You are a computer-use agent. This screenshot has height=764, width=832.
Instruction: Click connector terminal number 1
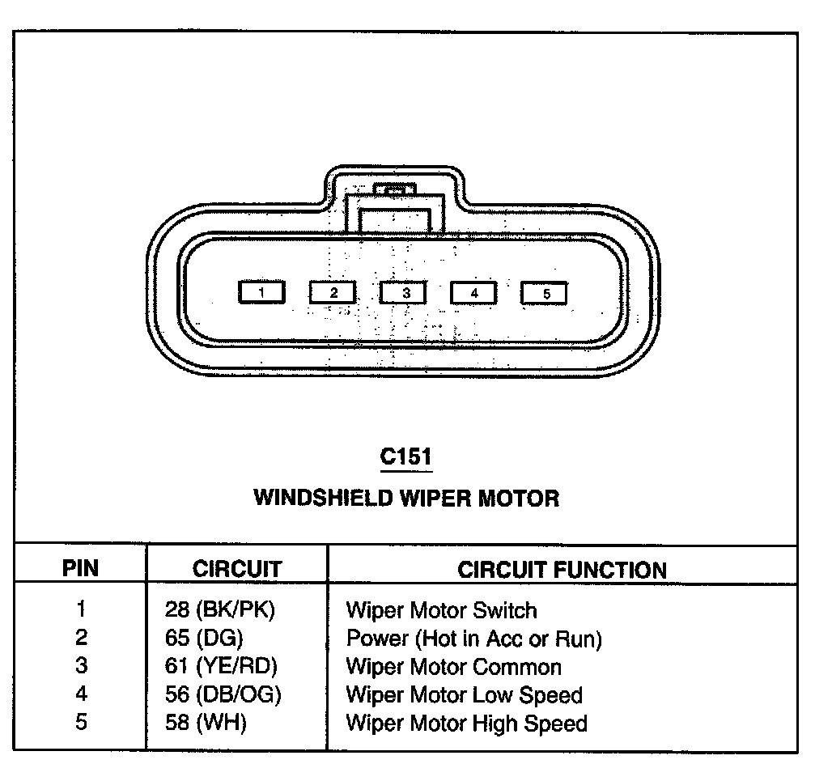click(x=261, y=293)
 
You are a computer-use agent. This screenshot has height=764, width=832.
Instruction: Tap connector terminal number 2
click(x=333, y=293)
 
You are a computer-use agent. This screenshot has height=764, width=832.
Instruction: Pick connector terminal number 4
click(x=474, y=293)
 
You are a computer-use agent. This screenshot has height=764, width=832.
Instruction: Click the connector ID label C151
click(x=406, y=457)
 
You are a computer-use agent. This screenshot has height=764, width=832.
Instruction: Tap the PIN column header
click(x=81, y=568)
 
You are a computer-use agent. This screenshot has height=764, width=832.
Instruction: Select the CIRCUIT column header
click(x=237, y=568)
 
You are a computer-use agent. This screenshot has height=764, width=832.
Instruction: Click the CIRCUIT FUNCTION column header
click(x=562, y=569)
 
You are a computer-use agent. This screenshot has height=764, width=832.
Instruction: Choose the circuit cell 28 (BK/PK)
click(x=219, y=610)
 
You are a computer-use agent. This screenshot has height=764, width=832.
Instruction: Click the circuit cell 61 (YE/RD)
click(x=221, y=667)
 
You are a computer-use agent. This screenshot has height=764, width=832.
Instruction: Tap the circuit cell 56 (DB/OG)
click(x=223, y=694)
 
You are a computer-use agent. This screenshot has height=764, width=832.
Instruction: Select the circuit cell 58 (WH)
click(x=206, y=722)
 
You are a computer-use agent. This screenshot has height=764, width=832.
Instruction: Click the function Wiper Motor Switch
click(x=441, y=610)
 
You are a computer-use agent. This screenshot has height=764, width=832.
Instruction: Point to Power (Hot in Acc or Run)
click(x=473, y=639)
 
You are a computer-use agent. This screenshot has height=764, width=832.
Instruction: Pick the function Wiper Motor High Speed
click(x=466, y=722)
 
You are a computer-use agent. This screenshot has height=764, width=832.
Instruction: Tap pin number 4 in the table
click(x=81, y=694)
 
